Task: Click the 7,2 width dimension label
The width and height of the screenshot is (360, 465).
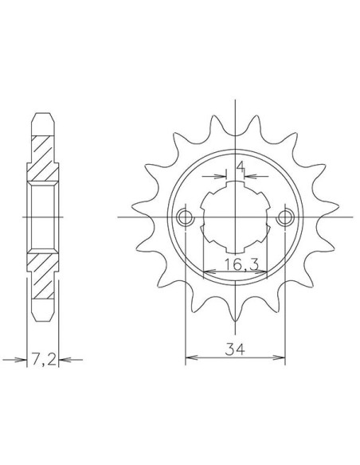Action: [x=43, y=360]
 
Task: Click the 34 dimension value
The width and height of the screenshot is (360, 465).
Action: [x=235, y=349]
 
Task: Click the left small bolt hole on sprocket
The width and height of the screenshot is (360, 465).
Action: [x=185, y=218]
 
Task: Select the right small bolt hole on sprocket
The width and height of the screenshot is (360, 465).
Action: [x=285, y=218]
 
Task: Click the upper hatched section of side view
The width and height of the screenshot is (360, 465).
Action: [x=43, y=158]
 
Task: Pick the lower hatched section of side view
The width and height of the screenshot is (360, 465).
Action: [x=43, y=276]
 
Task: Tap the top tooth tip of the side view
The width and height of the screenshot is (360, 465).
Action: [x=43, y=113]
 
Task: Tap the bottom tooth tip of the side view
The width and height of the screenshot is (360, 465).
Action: [x=43, y=320]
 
